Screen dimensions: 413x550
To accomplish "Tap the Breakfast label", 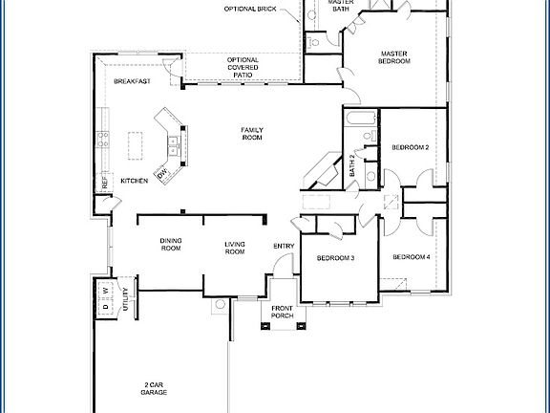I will [132, 82].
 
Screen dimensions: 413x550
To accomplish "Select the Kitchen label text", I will [134, 181].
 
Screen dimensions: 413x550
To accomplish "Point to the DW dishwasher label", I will [163, 173].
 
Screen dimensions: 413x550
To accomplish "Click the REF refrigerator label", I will [104, 181].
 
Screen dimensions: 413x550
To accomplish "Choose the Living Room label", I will [235, 248].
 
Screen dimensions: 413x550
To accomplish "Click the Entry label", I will [284, 247].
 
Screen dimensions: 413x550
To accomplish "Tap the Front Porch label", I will [282, 312].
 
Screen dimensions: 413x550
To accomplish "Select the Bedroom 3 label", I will [336, 258].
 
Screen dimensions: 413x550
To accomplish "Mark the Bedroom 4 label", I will [412, 257].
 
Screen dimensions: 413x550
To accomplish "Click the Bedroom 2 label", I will [411, 147].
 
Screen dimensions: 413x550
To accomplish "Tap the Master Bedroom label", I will [395, 56].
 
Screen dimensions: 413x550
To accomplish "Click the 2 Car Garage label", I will [153, 386].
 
